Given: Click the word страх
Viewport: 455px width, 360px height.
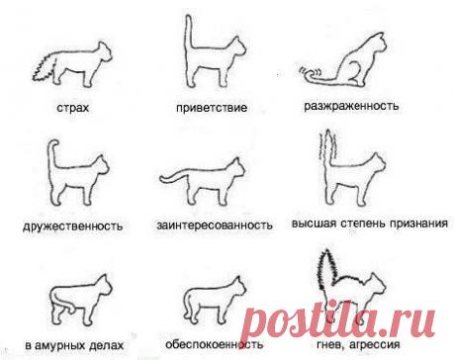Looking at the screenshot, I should [74, 105].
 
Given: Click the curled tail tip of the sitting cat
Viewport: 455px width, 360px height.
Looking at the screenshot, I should [314, 72].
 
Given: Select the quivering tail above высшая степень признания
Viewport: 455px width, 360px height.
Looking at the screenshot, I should [325, 158].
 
